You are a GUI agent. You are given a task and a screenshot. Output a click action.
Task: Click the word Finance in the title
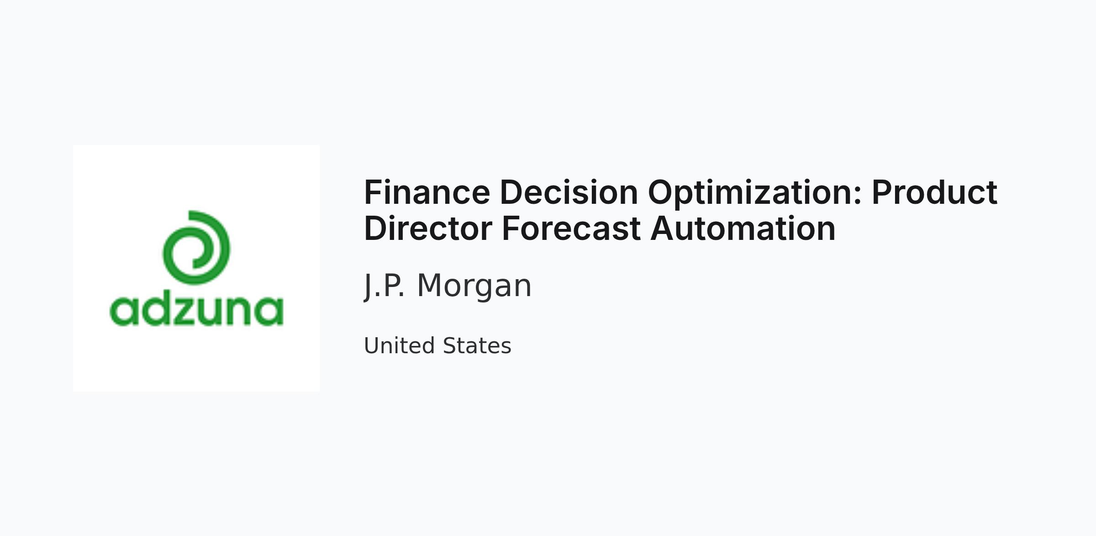pos(427,192)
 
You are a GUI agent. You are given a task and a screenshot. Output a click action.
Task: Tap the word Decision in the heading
pos(569,192)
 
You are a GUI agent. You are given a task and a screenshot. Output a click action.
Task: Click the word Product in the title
pos(934,192)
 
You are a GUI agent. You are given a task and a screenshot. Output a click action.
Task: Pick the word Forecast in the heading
pos(571,228)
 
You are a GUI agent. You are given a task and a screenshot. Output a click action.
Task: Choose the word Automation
pos(743,228)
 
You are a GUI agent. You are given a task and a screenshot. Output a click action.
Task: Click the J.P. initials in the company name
pos(384,286)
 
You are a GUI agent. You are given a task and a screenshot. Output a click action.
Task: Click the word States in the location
pos(477,345)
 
